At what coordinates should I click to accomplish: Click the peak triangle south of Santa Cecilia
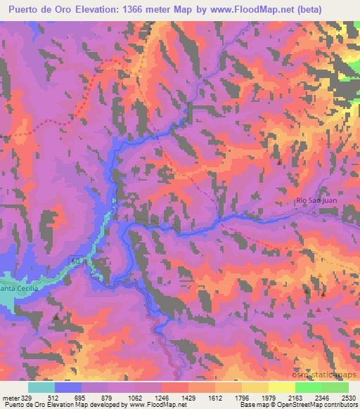56,318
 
